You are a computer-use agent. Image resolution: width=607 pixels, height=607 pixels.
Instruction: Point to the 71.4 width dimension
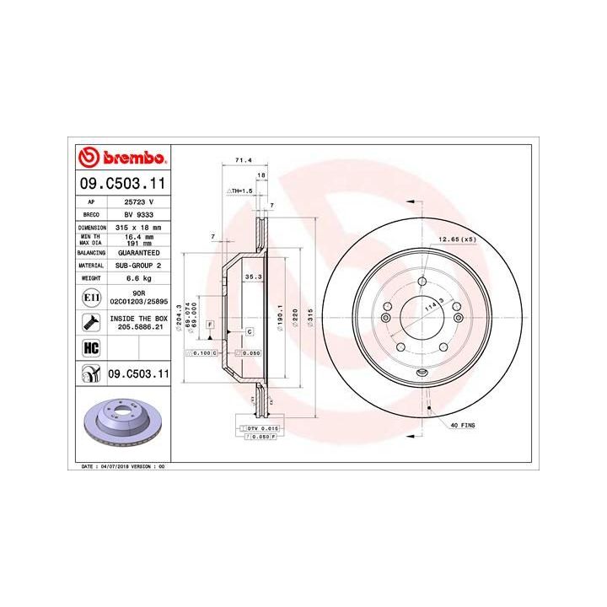click(240, 159)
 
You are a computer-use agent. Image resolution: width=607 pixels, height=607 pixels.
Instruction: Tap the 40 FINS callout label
click(463, 425)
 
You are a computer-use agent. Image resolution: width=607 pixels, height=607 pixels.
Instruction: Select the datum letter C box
click(250, 331)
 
